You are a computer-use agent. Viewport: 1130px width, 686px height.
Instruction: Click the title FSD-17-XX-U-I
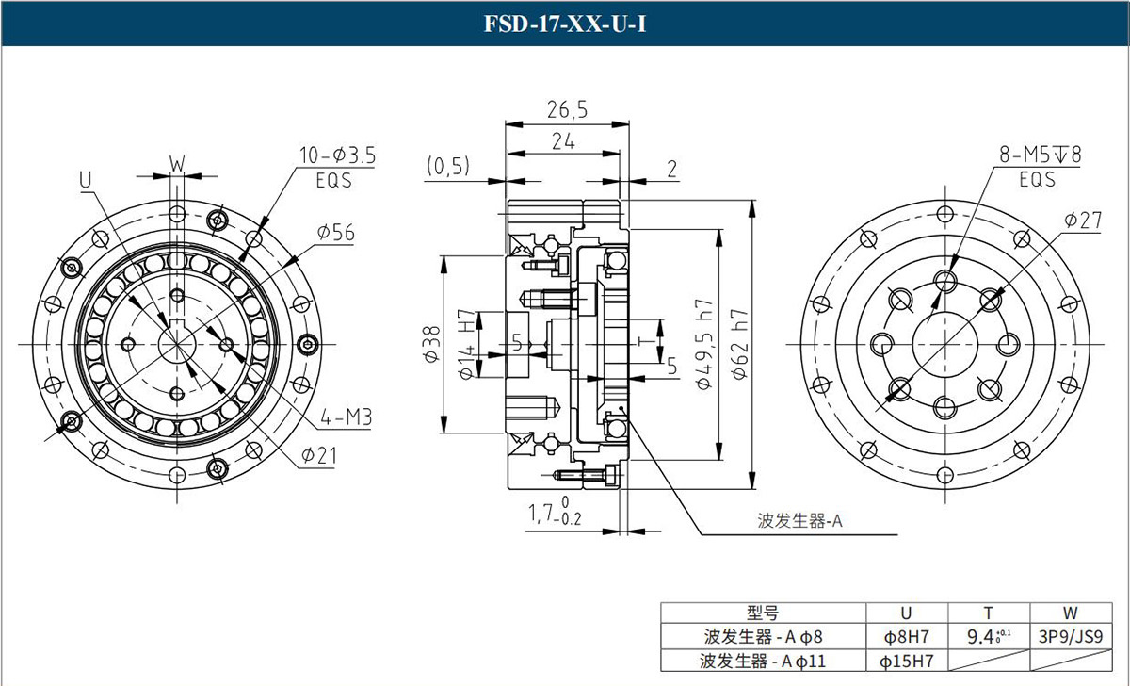point(565,24)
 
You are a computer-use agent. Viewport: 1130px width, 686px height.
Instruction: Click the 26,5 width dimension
point(566,110)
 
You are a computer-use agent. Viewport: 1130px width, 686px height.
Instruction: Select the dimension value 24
point(563,141)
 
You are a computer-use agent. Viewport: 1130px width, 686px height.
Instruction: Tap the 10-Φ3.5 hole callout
point(337,156)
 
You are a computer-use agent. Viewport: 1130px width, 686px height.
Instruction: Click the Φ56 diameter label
point(335,233)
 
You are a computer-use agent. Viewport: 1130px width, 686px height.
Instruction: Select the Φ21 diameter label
point(319,456)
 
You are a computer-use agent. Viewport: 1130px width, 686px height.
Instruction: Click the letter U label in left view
point(86,177)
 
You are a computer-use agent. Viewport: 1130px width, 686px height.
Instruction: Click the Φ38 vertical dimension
point(431,345)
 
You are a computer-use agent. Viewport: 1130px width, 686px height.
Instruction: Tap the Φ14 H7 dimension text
point(464,345)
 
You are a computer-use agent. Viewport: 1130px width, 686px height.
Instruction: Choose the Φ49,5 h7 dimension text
point(704,345)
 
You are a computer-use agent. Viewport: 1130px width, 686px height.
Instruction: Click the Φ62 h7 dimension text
point(738,345)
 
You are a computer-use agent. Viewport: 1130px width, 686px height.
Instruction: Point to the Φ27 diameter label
point(1083,220)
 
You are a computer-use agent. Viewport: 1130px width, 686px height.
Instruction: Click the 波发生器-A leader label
point(799,520)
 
